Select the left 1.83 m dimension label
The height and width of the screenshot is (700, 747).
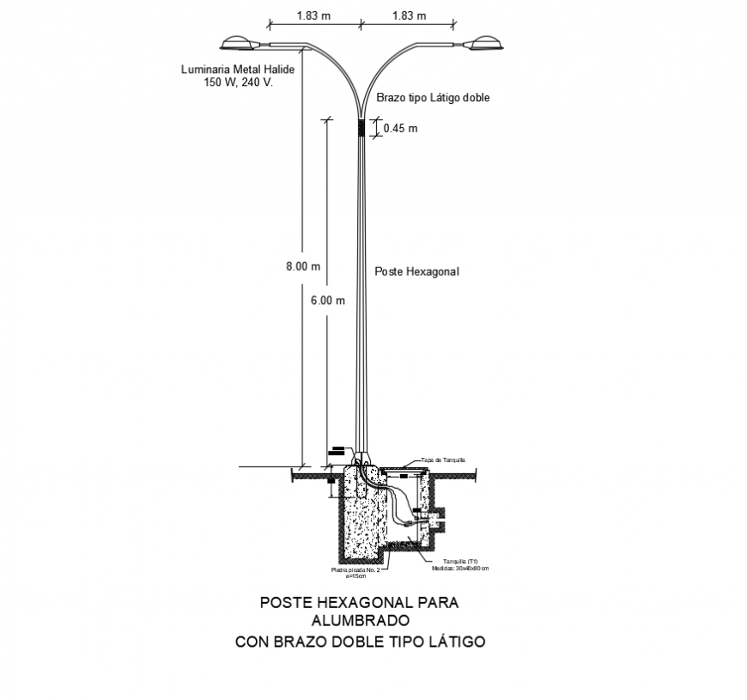[313, 15]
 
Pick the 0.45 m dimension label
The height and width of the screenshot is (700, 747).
[400, 129]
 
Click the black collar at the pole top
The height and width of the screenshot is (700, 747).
[361, 127]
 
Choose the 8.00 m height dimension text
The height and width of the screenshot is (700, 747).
[302, 266]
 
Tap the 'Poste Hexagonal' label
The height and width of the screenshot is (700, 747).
[417, 271]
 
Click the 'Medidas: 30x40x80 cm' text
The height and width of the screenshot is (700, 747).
[460, 569]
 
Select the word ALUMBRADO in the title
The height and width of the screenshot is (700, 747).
[360, 620]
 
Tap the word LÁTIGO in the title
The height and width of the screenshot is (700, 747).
[455, 641]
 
